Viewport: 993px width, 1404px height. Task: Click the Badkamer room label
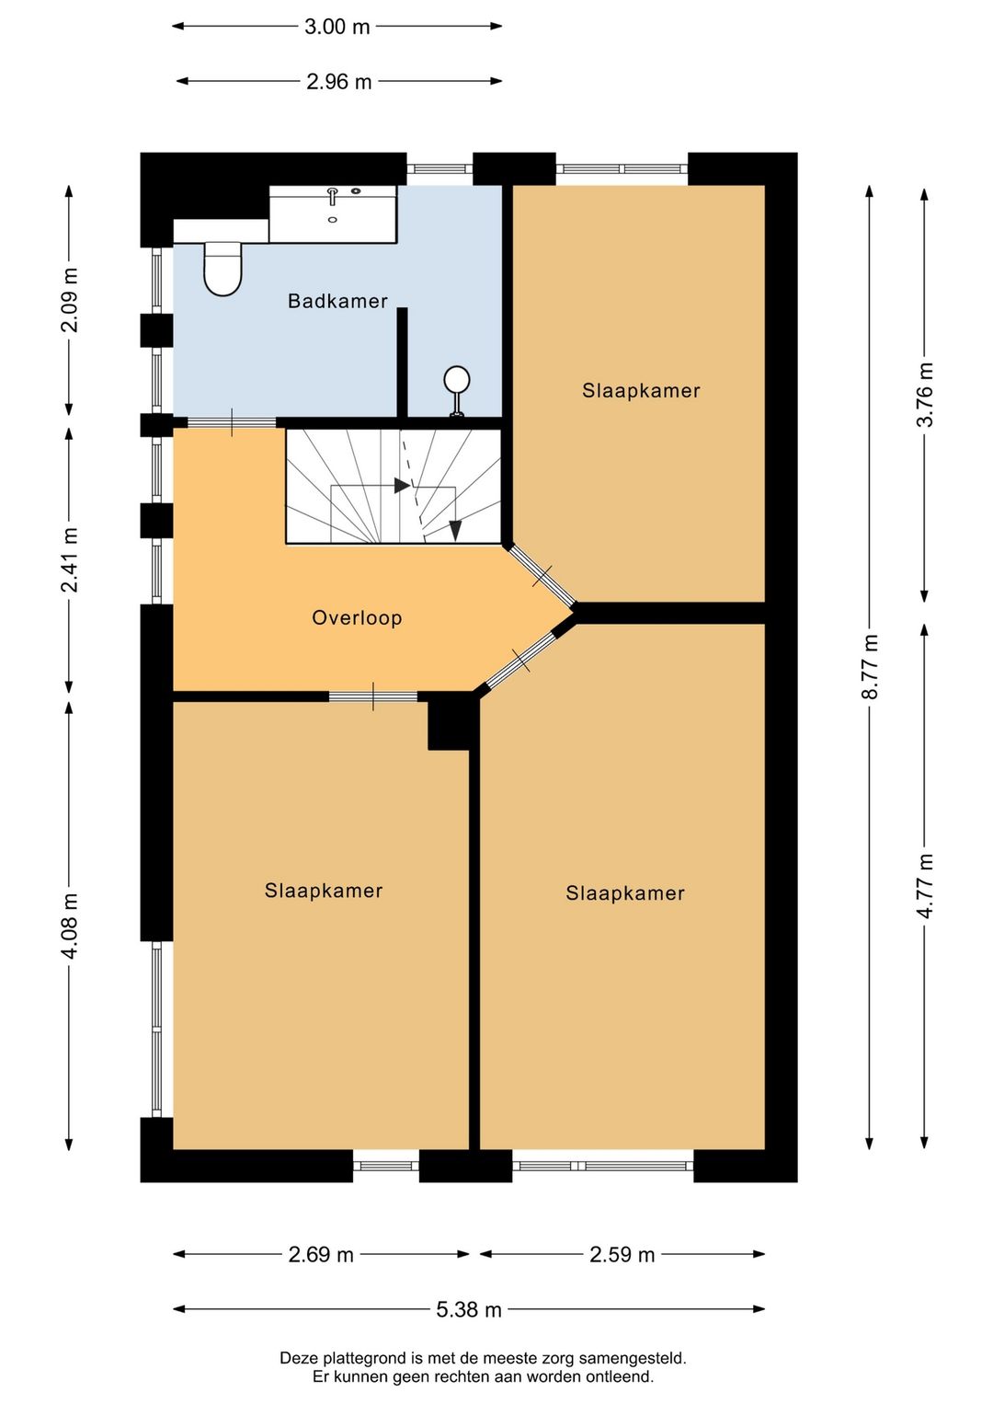point(337,301)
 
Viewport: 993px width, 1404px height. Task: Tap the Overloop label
point(357,618)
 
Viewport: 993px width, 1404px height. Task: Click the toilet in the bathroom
point(223,269)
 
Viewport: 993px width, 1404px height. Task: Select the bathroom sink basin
point(333,213)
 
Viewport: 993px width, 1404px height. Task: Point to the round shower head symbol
point(457,379)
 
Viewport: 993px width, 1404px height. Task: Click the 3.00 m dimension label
point(337,27)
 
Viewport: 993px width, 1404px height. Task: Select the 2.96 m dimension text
point(338,82)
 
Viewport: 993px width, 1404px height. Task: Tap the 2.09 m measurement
point(70,300)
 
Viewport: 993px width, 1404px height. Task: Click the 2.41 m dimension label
point(70,559)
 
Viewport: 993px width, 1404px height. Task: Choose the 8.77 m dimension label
point(870,666)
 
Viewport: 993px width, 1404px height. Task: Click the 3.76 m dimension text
point(925,395)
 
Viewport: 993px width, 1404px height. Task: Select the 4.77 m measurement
point(925,886)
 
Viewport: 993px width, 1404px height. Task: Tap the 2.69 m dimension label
point(321,1255)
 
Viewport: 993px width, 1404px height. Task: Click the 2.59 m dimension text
point(622,1255)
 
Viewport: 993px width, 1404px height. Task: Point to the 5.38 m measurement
point(469,1310)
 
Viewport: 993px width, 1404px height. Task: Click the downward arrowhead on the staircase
point(455,530)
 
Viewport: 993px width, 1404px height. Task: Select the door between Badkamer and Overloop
point(232,422)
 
